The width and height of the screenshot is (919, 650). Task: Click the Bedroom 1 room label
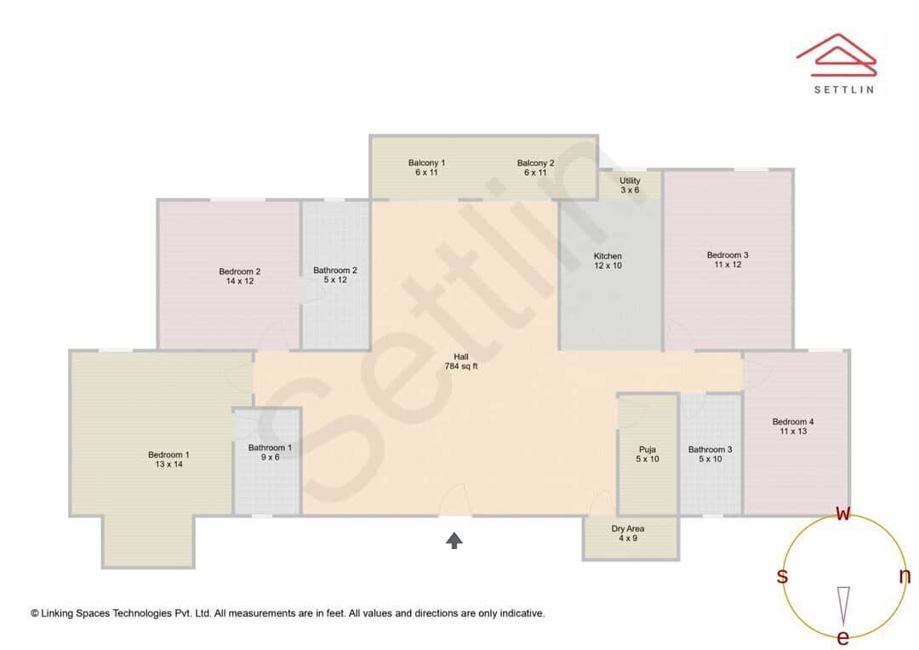pyautogui.click(x=168, y=459)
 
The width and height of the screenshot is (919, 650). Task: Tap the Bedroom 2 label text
pyautogui.click(x=239, y=277)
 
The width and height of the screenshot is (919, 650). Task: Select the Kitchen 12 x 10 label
pyautogui.click(x=608, y=260)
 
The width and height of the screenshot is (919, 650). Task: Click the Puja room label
pyautogui.click(x=648, y=454)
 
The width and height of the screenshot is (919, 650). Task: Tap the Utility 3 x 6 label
pyautogui.click(x=630, y=185)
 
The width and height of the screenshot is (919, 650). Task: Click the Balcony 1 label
pyautogui.click(x=426, y=168)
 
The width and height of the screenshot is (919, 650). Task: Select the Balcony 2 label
pyautogui.click(x=535, y=168)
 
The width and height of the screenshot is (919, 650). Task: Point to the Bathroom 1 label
pyautogui.click(x=270, y=452)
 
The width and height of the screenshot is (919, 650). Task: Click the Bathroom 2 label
pyautogui.click(x=335, y=275)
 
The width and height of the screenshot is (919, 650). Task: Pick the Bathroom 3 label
pyautogui.click(x=710, y=454)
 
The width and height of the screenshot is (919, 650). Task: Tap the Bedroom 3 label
pyautogui.click(x=728, y=259)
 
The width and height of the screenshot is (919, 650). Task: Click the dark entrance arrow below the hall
pyautogui.click(x=454, y=540)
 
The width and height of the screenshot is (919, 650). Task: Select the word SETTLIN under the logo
pyautogui.click(x=843, y=89)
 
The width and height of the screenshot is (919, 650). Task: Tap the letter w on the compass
pyautogui.click(x=843, y=513)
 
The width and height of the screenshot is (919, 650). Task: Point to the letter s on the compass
pyautogui.click(x=782, y=576)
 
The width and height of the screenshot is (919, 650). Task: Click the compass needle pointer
pyautogui.click(x=843, y=604)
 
